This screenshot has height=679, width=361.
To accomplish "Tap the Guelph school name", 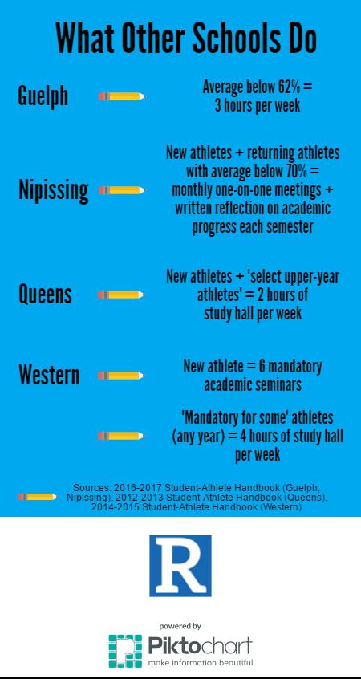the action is [43, 96].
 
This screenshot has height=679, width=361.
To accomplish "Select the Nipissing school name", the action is [53, 189].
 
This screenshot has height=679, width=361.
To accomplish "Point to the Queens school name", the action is [45, 294].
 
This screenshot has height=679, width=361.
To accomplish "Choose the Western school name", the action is [49, 375].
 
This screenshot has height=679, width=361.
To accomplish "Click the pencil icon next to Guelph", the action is [122, 96].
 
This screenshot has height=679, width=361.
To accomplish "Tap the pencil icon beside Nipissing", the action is [122, 190].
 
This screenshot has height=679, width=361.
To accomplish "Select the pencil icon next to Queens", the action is [121, 295].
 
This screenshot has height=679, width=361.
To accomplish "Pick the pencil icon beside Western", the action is [121, 376].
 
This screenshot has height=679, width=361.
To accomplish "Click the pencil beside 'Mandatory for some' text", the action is [121, 436].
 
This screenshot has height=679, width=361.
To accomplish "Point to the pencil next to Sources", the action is [38, 497].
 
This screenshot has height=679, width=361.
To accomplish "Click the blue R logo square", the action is [180, 566].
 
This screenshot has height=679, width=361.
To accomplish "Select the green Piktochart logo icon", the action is [125, 651].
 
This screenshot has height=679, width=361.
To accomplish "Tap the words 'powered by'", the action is [180, 626].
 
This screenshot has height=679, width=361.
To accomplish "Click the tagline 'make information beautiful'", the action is [200, 663].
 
